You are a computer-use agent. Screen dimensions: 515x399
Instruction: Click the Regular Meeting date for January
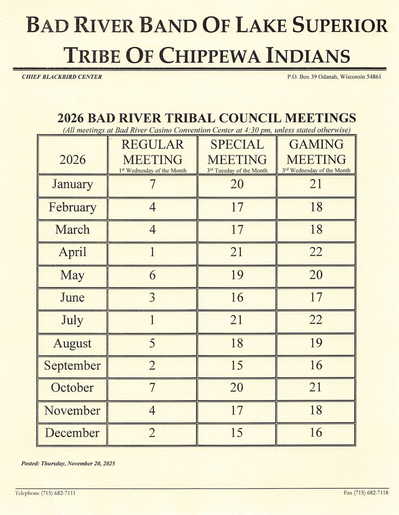tap(152, 185)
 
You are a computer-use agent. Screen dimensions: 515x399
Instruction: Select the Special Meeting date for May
tap(237, 275)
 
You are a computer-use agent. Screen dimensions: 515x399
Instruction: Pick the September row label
tap(72, 366)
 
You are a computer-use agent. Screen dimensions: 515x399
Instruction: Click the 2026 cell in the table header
tap(73, 159)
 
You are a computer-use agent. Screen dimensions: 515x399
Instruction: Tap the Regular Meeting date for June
tap(152, 298)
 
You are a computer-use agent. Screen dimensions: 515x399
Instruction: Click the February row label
tap(73, 207)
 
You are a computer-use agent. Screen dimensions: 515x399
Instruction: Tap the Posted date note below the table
tap(68, 464)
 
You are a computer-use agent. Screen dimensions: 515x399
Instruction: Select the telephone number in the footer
tap(45, 493)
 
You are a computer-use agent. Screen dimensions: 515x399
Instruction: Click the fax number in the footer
tap(365, 493)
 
